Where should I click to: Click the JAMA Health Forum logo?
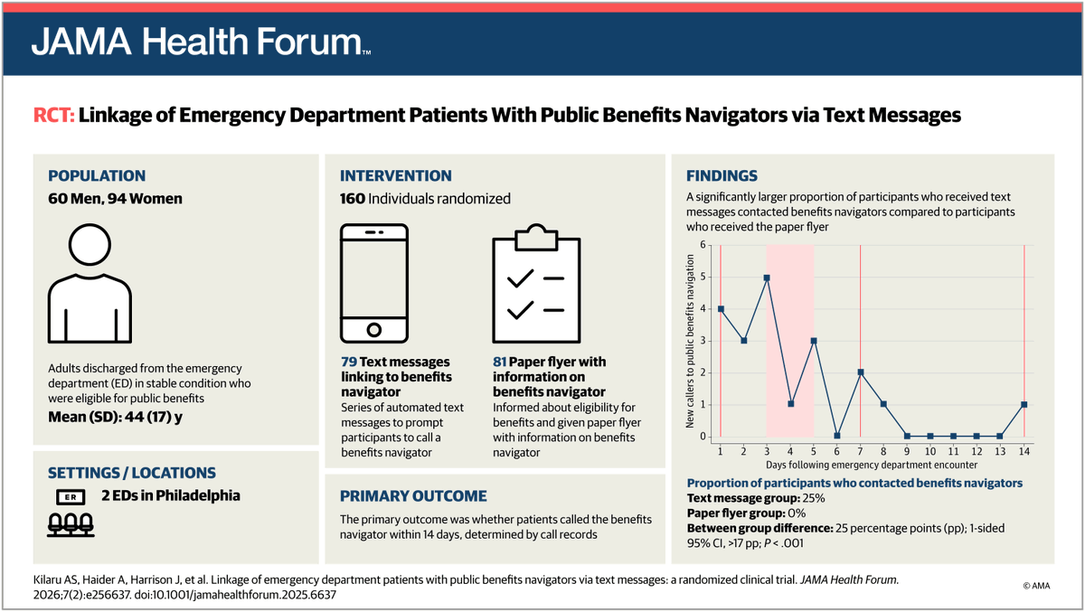click(201, 42)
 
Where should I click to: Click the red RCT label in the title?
click(53, 115)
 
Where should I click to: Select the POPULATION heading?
click(97, 175)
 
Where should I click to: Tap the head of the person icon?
click(90, 244)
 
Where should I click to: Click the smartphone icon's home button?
click(374, 330)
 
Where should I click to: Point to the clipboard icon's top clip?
click(536, 237)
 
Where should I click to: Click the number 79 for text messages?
click(349, 362)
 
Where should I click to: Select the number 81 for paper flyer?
click(499, 362)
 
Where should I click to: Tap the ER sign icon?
click(71, 497)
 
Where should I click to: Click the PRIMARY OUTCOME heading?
click(413, 496)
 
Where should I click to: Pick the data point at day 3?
click(767, 278)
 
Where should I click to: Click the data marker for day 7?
click(860, 372)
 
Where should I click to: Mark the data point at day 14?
click(1024, 404)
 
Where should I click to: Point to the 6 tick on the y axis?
click(703, 245)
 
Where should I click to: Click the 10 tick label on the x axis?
click(930, 451)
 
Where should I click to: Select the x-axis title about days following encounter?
click(872, 465)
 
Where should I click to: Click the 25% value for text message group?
click(814, 498)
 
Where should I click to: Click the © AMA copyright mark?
click(1036, 586)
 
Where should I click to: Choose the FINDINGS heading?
click(722, 175)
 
